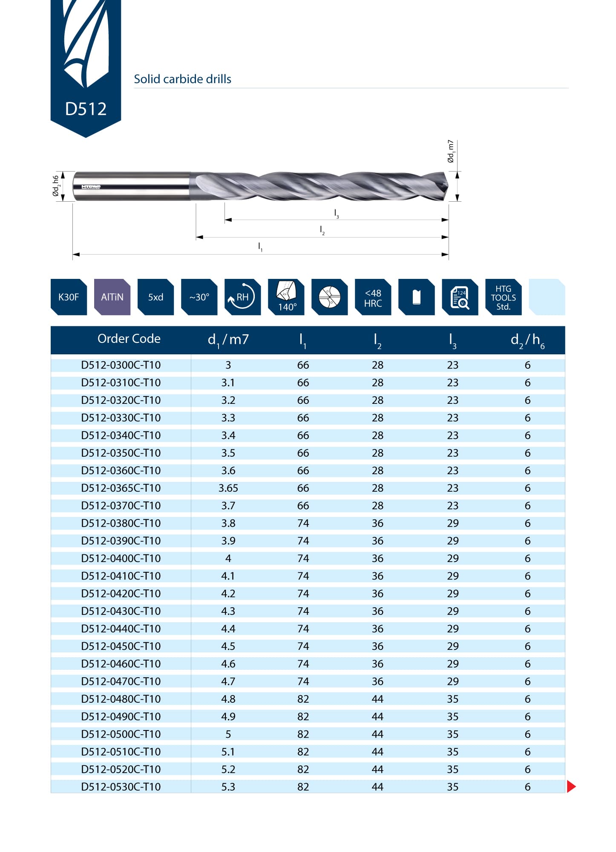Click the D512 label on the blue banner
click(86, 109)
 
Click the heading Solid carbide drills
click(182, 79)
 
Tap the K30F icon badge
click(69, 297)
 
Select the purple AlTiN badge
click(112, 297)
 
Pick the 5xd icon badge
click(155, 297)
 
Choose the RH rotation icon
click(242, 297)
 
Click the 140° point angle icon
click(286, 297)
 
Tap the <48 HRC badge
click(373, 297)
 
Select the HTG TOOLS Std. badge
click(503, 297)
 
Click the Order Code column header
click(129, 339)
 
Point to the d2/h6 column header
click(527, 340)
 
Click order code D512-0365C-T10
click(121, 488)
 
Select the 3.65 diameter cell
click(228, 488)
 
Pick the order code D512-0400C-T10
click(121, 559)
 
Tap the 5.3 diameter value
click(228, 787)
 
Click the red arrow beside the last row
click(571, 786)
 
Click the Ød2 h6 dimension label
click(56, 186)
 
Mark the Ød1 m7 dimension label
click(451, 151)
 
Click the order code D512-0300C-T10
click(121, 365)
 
